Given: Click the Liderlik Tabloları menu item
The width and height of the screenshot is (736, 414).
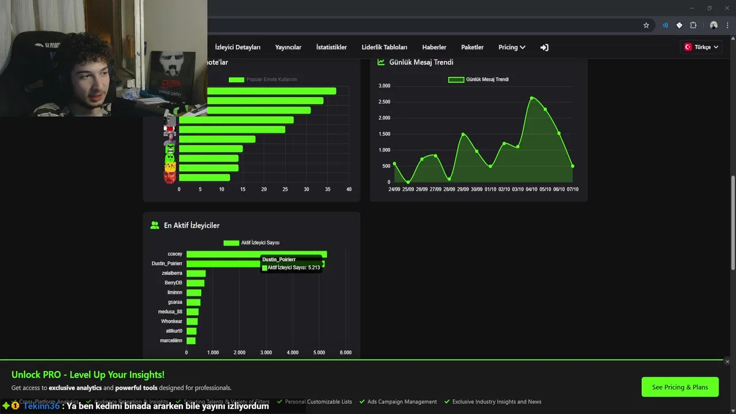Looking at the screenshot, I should coord(384,47).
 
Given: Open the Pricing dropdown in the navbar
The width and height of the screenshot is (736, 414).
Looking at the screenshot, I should coord(512,47).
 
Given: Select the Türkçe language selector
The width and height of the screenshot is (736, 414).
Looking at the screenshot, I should coord(701,47).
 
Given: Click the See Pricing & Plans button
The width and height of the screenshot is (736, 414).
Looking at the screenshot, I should coord(680,387).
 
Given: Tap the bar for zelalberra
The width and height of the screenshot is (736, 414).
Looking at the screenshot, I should coord(196,273).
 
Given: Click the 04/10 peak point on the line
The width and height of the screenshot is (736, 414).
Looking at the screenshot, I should coord(532,98).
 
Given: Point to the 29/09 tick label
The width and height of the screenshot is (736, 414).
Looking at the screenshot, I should coord(463,189).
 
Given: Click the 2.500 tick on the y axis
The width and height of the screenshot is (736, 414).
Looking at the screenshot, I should coord(384,102).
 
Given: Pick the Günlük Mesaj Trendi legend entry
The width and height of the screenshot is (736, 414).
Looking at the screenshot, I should coord(478,79).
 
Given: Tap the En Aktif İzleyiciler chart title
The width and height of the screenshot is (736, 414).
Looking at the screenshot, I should coord(191,225).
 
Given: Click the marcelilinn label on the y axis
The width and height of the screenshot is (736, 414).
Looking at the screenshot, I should coord(171,341).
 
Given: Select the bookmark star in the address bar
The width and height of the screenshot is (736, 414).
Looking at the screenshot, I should coord(646,25).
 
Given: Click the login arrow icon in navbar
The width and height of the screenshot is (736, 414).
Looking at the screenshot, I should coord(544,47).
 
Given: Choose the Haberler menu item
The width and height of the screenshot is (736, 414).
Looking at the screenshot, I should coord(434,47).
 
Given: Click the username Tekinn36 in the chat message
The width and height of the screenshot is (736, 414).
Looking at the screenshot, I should coord(41,406).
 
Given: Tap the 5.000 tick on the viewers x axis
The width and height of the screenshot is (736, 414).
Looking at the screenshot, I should coord(319,352).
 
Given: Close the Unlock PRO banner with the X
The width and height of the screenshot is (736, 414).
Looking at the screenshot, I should coord(727,362).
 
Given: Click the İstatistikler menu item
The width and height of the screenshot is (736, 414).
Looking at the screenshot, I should coord(331,47).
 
